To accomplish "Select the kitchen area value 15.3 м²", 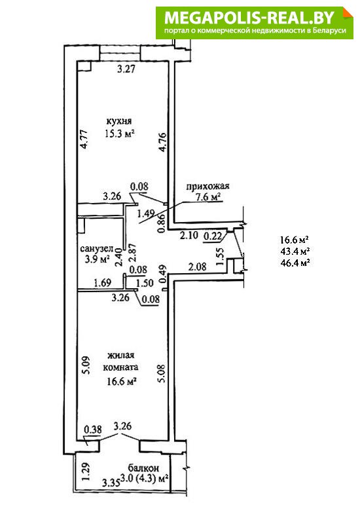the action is (x=120, y=134).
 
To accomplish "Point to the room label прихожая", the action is (x=207, y=186).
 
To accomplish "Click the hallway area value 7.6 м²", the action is (x=208, y=198).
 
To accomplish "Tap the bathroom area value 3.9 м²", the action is (x=97, y=259).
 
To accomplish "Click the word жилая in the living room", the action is (x=120, y=356).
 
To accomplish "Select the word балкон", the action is (x=143, y=468).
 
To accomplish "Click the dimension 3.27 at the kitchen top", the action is (x=126, y=69).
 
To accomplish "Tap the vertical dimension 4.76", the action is (x=162, y=142).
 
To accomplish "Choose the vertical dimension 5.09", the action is (x=85, y=366).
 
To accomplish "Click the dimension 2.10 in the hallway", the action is (x=189, y=236).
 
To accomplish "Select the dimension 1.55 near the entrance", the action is (x=221, y=255).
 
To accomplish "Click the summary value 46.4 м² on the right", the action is (x=295, y=263).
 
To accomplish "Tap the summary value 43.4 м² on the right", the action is (x=295, y=251).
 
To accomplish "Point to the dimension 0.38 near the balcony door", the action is (x=93, y=430).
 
